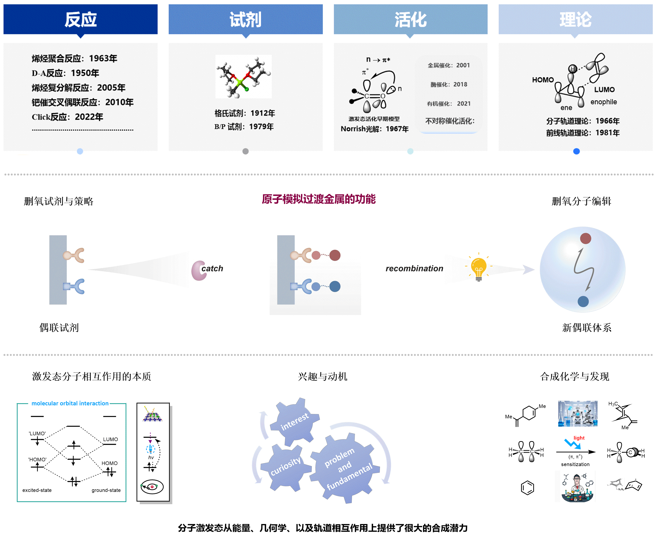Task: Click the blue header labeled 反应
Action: click(80, 19)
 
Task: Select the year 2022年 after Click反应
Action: click(89, 117)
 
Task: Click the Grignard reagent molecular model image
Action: click(243, 76)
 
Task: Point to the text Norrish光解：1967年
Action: click(374, 129)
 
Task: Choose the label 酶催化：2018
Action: click(449, 84)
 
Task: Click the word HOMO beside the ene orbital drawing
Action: click(543, 80)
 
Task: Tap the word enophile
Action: click(603, 102)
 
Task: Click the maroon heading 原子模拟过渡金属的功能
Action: click(319, 199)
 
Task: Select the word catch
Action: click(212, 268)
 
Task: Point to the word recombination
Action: click(414, 268)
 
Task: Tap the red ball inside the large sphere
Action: click(585, 238)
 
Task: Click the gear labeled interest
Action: click(294, 421)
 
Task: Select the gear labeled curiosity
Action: click(285, 466)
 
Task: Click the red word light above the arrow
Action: click(579, 438)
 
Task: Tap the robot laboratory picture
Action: click(577, 414)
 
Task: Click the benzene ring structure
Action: click(527, 488)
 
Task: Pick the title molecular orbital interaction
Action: click(70, 403)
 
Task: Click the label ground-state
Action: click(106, 490)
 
